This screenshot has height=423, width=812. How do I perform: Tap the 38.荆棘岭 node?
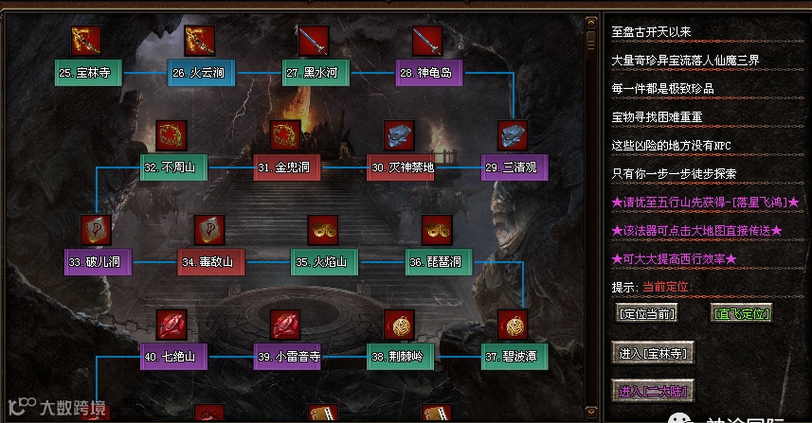(x=402, y=357)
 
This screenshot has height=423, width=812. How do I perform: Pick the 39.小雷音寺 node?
(x=288, y=357)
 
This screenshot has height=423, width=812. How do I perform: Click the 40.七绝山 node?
(x=174, y=357)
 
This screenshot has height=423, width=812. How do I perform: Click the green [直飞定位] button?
(x=741, y=313)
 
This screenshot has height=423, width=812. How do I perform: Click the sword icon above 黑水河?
(x=314, y=41)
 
